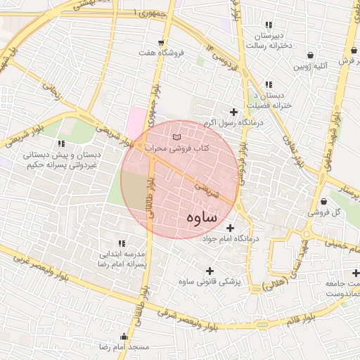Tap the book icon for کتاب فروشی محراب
[x=176, y=135]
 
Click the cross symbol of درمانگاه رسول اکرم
[x=233, y=111]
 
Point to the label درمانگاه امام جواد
[x=231, y=239]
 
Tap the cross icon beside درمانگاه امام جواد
[x=230, y=227]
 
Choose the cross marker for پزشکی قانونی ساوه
[x=209, y=270]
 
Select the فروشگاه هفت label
[x=162, y=53]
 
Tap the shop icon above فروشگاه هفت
[x=162, y=42]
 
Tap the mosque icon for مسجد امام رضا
[x=125, y=335]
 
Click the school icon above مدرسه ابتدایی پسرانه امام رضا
[x=120, y=243]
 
